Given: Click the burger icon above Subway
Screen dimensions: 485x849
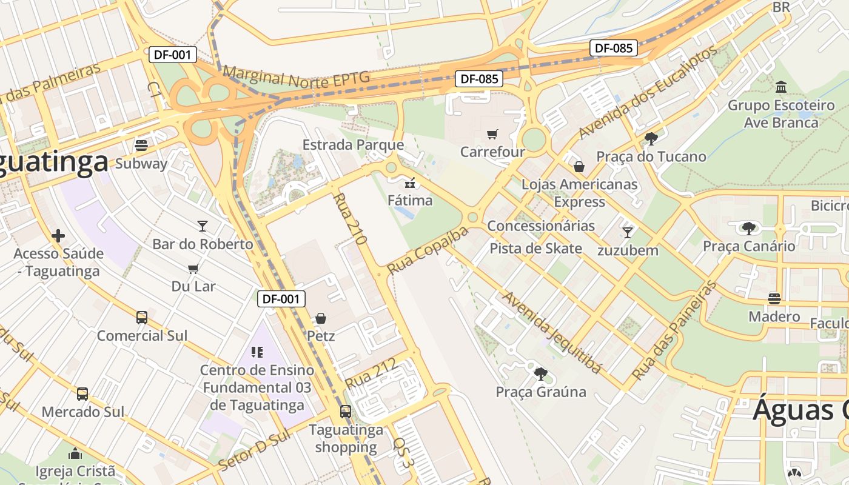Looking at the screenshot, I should [x=141, y=145].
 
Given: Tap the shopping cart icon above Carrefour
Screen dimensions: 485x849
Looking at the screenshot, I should [x=492, y=133].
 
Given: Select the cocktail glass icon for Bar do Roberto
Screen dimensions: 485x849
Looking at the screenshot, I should [x=203, y=226].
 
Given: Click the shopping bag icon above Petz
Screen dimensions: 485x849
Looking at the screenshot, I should [x=321, y=318].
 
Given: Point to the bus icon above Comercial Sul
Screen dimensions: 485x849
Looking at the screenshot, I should [x=142, y=317].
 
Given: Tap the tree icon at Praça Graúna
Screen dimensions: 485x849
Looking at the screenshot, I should [x=540, y=373].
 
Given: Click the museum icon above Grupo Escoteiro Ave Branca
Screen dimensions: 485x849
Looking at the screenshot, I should [x=781, y=87].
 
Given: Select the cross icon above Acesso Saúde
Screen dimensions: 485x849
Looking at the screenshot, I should [x=58, y=235].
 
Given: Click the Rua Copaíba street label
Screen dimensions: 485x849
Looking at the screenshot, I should [x=428, y=250].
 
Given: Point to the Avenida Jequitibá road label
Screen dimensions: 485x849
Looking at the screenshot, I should [x=552, y=333].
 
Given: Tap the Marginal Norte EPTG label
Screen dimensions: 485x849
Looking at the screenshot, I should [x=295, y=79].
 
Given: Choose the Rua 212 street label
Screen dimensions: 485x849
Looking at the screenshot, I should [x=371, y=373].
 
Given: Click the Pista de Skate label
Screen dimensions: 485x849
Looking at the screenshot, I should [x=535, y=249].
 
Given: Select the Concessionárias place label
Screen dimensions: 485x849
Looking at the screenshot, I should [x=541, y=226].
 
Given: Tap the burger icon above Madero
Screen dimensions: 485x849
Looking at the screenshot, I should [x=774, y=298].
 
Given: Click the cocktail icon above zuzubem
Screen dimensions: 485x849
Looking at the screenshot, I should [x=628, y=232].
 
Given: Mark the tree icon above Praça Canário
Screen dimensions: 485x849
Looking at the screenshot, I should [x=749, y=228].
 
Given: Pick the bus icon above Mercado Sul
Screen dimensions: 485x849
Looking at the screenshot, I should [x=82, y=393].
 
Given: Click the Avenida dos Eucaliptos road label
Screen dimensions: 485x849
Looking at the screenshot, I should [x=648, y=92].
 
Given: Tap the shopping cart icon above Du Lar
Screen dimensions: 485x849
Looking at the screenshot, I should [x=193, y=269].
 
